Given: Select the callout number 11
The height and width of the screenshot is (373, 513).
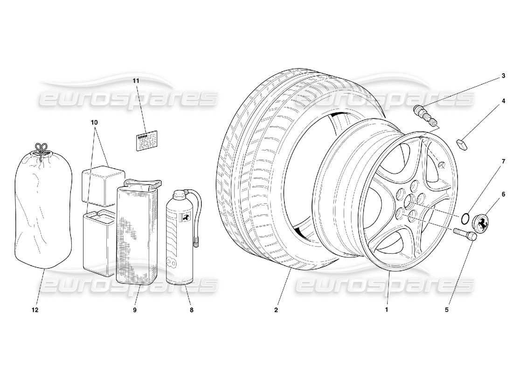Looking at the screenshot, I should (x=136, y=81).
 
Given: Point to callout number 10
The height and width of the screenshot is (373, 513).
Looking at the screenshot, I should (x=95, y=122).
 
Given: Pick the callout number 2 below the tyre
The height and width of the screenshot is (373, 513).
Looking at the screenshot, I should (x=276, y=310).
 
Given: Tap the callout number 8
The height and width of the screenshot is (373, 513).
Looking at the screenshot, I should (x=191, y=310).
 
